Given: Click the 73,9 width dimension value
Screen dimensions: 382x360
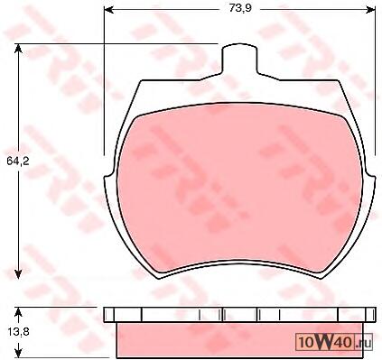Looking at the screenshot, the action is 240,8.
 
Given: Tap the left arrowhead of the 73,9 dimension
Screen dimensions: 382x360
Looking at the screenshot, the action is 108,10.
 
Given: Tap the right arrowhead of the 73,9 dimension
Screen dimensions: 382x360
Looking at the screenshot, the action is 370,10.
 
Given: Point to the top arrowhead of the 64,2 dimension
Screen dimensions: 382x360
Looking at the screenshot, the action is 18,50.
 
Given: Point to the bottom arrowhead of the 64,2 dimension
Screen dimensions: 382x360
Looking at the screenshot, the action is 18,273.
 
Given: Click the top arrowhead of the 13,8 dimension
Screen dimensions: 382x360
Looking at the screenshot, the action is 18,313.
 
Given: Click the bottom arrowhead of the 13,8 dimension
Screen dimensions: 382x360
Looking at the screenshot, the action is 18,353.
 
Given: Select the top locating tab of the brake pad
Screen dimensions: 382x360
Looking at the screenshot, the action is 239,59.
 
